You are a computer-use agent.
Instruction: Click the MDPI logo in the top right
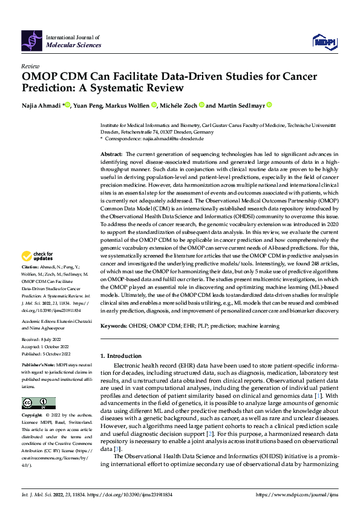[323, 41]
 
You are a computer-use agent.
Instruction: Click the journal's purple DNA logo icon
[32, 41]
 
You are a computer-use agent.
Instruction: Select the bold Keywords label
[114, 326]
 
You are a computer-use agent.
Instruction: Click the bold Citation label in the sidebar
[30, 267]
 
